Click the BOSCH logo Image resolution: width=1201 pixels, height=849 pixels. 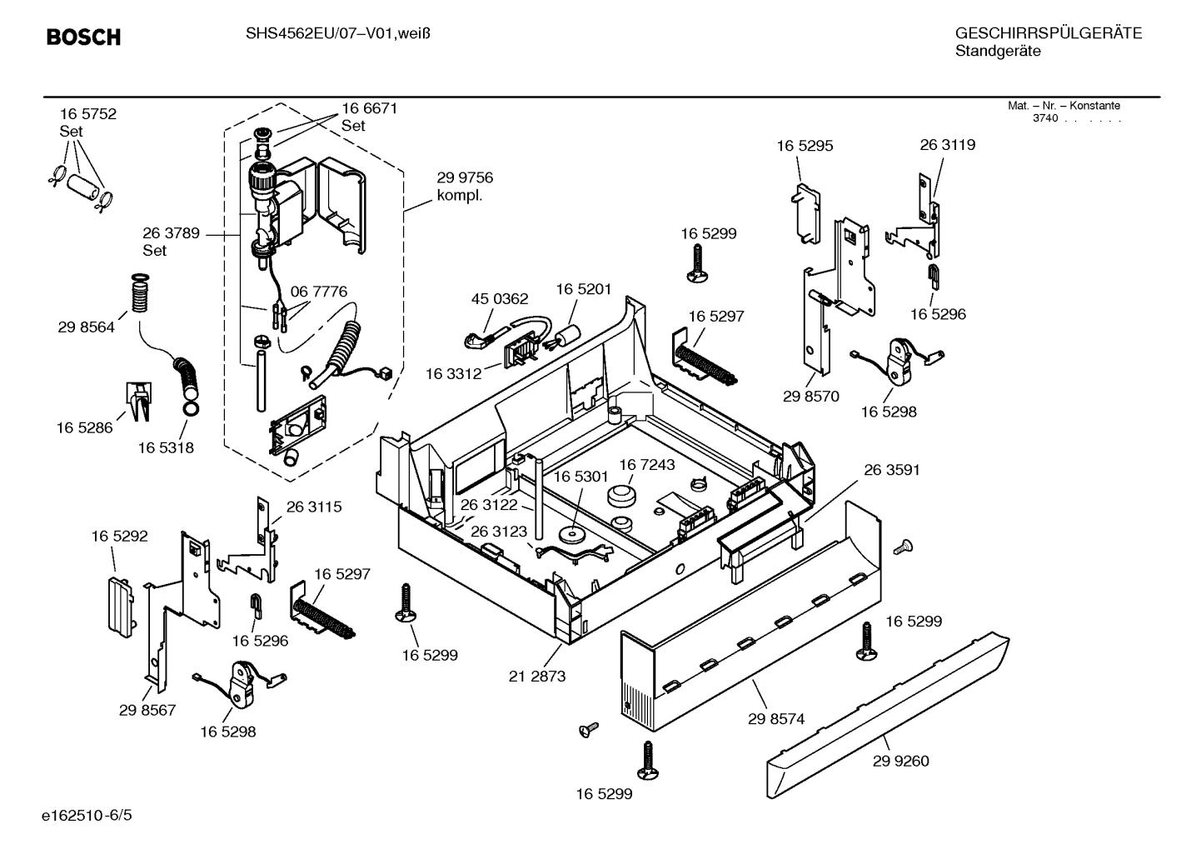(x=83, y=37)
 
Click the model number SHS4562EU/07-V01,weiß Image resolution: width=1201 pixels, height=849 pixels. (x=337, y=33)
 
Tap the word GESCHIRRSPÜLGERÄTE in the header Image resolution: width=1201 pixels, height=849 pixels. (x=1048, y=33)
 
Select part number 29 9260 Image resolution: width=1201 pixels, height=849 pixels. (x=900, y=761)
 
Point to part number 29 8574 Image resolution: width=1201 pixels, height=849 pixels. (x=776, y=718)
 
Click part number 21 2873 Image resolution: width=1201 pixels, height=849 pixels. (x=537, y=676)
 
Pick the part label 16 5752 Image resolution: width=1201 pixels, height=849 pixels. (x=87, y=114)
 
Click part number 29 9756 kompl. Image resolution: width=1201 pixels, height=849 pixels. (x=465, y=187)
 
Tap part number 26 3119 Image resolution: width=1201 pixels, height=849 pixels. (x=947, y=144)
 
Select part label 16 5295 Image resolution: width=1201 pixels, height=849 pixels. (x=805, y=146)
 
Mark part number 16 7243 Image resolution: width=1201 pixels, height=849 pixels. (x=646, y=464)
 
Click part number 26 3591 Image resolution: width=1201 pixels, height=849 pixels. (x=891, y=470)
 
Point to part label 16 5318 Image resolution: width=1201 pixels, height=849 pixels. (x=166, y=447)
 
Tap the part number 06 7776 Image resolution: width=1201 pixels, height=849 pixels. (x=318, y=292)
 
